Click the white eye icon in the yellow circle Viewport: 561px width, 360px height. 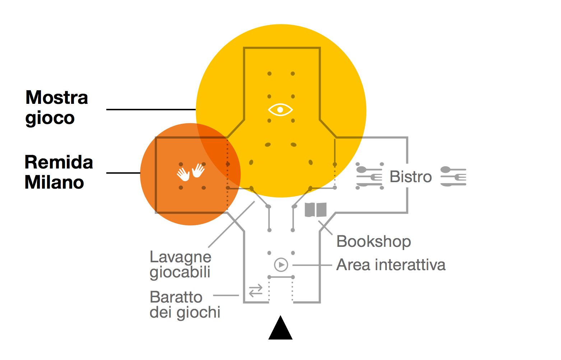(280, 110)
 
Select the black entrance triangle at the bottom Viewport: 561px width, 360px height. (280, 328)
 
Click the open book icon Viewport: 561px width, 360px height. (316, 209)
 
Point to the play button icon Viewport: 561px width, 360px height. (281, 264)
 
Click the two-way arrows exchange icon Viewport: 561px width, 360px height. (256, 291)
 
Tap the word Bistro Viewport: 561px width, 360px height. (411, 177)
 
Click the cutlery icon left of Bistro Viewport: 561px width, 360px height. (370, 176)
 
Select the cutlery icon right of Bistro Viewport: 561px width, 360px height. (453, 176)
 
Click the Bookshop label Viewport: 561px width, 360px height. (374, 241)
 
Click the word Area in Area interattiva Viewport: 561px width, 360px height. (353, 265)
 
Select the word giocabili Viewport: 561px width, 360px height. (180, 273)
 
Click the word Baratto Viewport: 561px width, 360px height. (176, 297)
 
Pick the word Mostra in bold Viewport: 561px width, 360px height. (57, 97)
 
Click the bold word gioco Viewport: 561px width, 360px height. (50, 118)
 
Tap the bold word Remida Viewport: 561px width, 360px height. (59, 162)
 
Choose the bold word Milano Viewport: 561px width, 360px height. (54, 182)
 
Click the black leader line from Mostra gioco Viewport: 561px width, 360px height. (151, 110)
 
